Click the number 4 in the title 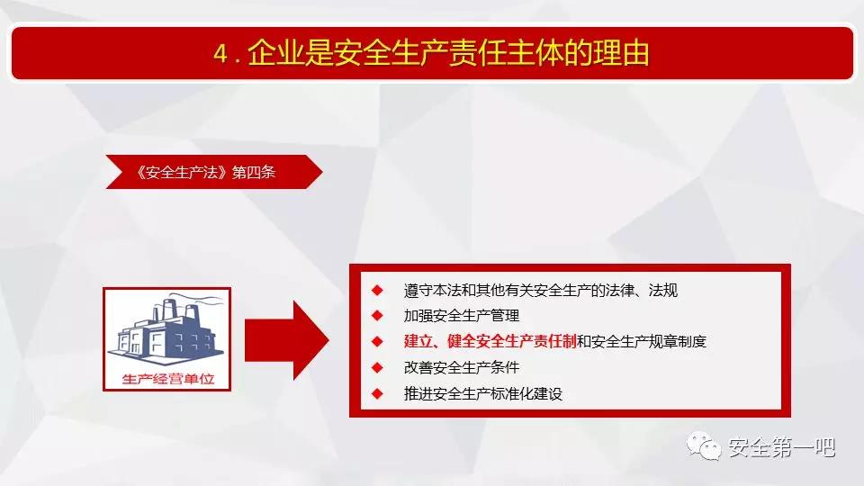click(220, 54)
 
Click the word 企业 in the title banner click(275, 53)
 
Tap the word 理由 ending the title click(622, 53)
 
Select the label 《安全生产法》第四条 click(206, 172)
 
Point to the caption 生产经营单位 click(168, 379)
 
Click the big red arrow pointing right click(286, 340)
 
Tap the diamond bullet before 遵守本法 click(377, 290)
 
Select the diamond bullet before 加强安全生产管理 click(377, 316)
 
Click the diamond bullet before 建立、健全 click(377, 342)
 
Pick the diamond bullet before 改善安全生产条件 click(377, 367)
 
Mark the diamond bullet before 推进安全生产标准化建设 click(377, 393)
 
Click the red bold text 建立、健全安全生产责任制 click(490, 342)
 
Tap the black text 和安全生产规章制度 click(642, 342)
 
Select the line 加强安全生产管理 click(462, 316)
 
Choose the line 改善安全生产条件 click(462, 367)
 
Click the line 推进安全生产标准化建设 click(483, 393)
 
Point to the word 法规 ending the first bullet click(663, 290)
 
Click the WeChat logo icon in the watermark click(704, 446)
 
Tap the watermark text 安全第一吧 click(782, 447)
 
